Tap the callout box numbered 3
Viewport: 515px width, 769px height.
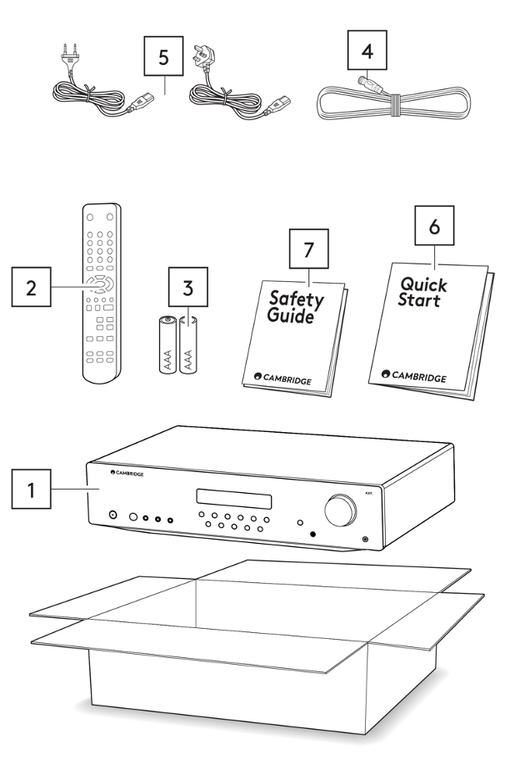[x=187, y=289]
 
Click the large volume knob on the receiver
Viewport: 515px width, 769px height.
[x=341, y=510]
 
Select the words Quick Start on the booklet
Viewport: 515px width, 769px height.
[x=423, y=291]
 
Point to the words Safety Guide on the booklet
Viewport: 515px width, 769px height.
[x=296, y=307]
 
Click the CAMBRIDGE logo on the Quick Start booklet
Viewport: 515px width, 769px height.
[x=413, y=377]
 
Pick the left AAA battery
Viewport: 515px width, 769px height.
[x=167, y=344]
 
